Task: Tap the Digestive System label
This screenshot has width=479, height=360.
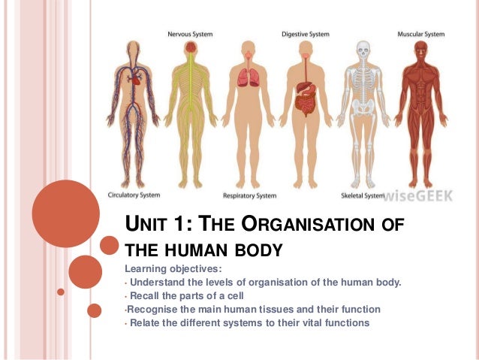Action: pyautogui.click(x=304, y=34)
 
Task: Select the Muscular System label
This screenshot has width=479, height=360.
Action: pyautogui.click(x=420, y=34)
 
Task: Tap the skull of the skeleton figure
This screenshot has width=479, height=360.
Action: pyautogui.click(x=363, y=51)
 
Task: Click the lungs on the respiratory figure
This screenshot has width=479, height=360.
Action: pyautogui.click(x=248, y=77)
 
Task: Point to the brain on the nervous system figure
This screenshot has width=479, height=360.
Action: pyautogui.click(x=191, y=47)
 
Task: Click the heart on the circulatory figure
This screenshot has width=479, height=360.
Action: pyautogui.click(x=136, y=75)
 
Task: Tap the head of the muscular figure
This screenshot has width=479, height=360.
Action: pyautogui.click(x=420, y=50)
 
